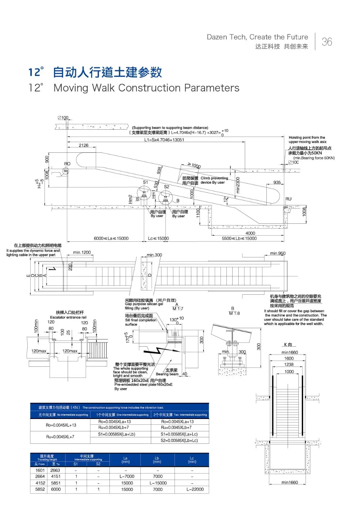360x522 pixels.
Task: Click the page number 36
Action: [x=327, y=42]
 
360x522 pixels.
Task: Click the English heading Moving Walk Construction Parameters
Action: [x=146, y=88]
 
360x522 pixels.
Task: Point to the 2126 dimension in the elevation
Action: [x=84, y=146]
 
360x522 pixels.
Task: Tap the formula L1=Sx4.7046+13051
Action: [x=164, y=140]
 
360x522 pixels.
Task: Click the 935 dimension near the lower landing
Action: [x=277, y=183]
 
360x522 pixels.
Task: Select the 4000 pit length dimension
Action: [x=250, y=233]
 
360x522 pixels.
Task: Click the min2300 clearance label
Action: [x=238, y=185]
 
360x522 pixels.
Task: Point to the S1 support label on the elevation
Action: [x=145, y=182]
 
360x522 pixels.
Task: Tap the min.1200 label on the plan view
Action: [x=82, y=252]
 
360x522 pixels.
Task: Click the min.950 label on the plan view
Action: [x=278, y=253]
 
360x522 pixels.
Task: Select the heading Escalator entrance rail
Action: [x=68, y=317]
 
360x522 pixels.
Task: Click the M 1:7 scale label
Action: [x=178, y=309]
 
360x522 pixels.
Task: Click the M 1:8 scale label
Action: [x=234, y=313]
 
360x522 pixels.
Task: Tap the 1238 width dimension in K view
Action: [x=289, y=365]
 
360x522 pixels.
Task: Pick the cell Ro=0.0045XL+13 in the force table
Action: [x=61, y=425]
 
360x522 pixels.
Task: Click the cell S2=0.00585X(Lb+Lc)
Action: [x=179, y=441]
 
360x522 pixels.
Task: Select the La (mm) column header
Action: [x=126, y=460]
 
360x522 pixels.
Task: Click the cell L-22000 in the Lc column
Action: [x=195, y=490]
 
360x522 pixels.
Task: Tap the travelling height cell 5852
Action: [x=40, y=490]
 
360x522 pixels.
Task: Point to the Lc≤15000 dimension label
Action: [x=158, y=238]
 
